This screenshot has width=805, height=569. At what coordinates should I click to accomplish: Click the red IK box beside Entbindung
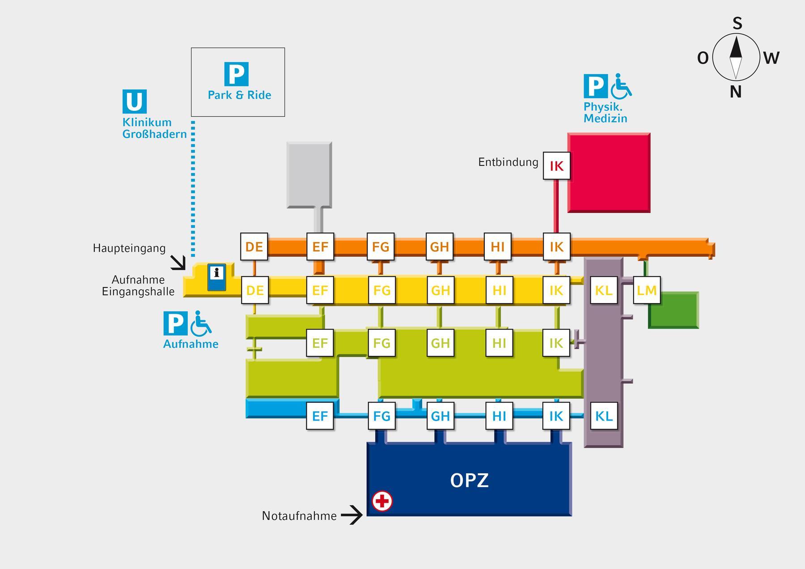(556, 166)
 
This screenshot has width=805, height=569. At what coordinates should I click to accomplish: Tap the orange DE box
(254, 246)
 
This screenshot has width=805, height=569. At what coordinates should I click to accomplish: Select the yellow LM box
(647, 291)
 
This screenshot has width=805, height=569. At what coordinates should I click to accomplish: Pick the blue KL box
(604, 416)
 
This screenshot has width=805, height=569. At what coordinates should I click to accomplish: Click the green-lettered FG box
(381, 343)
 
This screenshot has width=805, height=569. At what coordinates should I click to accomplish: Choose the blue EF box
(320, 416)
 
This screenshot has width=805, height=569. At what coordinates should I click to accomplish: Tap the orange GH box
(439, 246)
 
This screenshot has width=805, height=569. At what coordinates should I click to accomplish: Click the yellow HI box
(499, 291)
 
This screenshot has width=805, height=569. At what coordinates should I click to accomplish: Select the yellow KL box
(604, 291)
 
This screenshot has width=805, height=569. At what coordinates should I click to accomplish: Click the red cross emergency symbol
(382, 501)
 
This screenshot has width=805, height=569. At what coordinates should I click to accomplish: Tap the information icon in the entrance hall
(217, 277)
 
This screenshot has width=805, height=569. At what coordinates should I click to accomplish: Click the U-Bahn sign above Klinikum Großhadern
(134, 101)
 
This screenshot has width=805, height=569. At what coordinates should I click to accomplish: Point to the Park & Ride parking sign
(236, 74)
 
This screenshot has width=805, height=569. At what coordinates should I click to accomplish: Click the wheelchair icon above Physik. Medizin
(621, 86)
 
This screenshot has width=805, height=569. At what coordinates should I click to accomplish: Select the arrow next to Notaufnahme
(352, 515)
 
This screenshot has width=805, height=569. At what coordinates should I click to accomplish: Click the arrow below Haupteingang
(178, 263)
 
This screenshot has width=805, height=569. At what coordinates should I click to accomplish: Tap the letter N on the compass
(736, 92)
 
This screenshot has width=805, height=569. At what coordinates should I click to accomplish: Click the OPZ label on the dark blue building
(469, 480)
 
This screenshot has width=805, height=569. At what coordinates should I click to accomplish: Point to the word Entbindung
(508, 162)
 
